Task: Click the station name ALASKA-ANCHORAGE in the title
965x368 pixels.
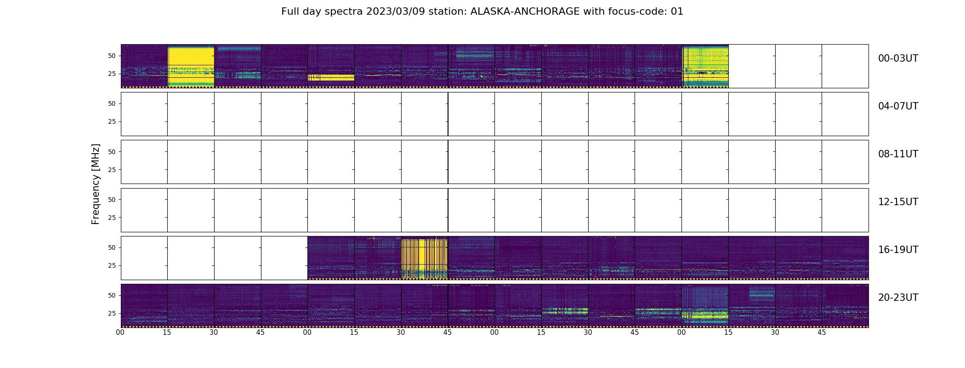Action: (525, 11)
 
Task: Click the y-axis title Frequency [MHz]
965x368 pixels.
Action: (96, 184)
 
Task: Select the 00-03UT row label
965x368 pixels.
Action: (898, 58)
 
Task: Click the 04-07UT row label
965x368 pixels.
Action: (898, 106)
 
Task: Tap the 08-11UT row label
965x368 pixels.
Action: (898, 154)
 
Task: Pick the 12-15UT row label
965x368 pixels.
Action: (898, 202)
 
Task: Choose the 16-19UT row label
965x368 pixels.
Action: (898, 250)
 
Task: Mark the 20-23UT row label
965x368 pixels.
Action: (898, 298)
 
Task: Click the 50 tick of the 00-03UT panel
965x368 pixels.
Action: (112, 56)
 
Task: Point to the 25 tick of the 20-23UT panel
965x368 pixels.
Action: (112, 313)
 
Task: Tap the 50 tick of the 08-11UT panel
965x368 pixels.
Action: (112, 152)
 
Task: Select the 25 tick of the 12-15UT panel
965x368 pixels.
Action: (112, 218)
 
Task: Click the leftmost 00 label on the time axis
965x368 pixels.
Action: (120, 333)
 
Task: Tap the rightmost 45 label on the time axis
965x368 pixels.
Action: (822, 333)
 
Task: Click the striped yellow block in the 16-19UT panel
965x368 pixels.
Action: (425, 259)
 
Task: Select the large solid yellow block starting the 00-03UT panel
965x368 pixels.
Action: (191, 66)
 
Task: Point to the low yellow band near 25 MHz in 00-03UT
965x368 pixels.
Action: (331, 77)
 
